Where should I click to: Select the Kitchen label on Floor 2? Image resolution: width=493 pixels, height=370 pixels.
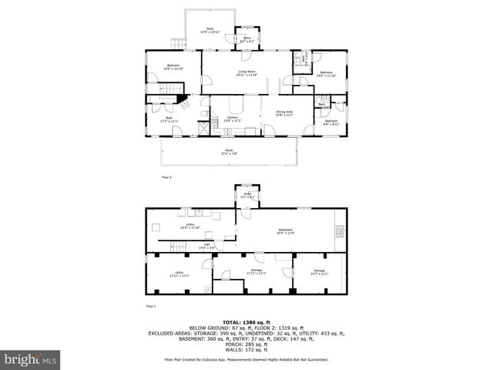pyautogui.click(x=233, y=119)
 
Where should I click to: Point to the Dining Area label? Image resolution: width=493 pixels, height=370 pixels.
pyautogui.click(x=286, y=113)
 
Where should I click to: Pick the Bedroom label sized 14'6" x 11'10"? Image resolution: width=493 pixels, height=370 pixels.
pyautogui.click(x=326, y=73)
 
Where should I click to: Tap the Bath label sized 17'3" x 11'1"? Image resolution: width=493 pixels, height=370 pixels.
pyautogui.click(x=169, y=119)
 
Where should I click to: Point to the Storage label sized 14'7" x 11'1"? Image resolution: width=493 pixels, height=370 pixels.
pyautogui.click(x=320, y=271)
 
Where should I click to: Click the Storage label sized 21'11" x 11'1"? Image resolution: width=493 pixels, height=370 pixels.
pyautogui.click(x=256, y=271)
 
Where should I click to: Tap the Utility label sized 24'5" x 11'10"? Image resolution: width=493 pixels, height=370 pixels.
pyautogui.click(x=190, y=226)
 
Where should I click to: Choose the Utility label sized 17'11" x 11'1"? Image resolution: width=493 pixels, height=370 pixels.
pyautogui.click(x=179, y=274)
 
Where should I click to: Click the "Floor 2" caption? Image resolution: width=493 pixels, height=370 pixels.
pyautogui.click(x=166, y=177)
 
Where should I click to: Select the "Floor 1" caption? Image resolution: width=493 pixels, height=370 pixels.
pyautogui.click(x=151, y=306)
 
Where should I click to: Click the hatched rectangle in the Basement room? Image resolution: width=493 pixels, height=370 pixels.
pyautogui.click(x=340, y=228)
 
